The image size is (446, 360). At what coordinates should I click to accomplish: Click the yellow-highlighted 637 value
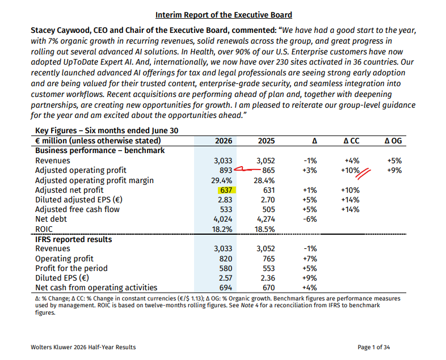pyautogui.click(x=226, y=190)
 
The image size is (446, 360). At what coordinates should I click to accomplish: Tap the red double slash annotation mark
pyautogui.click(x=363, y=174)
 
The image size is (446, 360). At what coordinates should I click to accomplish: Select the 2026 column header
pyautogui.click(x=224, y=141)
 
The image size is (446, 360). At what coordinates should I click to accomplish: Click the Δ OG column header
pyautogui.click(x=393, y=141)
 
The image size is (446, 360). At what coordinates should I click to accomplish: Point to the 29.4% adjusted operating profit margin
pyautogui.click(x=221, y=180)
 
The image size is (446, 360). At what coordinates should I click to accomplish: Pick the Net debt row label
pyautogui.click(x=51, y=219)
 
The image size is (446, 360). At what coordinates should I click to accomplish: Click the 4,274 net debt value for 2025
pyautogui.click(x=266, y=219)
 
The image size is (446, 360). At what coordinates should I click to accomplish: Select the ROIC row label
pyautogui.click(x=44, y=229)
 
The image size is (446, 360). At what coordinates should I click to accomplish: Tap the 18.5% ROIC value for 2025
pyautogui.click(x=264, y=229)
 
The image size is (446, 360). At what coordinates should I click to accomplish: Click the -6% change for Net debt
pyautogui.click(x=310, y=219)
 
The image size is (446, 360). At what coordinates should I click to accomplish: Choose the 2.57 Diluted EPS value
pyautogui.click(x=225, y=278)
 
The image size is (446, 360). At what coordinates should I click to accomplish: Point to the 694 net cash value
pyautogui.click(x=226, y=287)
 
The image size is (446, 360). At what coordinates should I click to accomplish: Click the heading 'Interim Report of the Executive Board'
pyautogui.click(x=224, y=15)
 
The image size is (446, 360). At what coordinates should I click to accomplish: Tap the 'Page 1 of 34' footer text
pyautogui.click(x=374, y=347)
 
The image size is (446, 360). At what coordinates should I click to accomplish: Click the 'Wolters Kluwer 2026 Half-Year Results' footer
pyautogui.click(x=83, y=347)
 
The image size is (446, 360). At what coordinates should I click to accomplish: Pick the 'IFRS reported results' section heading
pyautogui.click(x=73, y=239)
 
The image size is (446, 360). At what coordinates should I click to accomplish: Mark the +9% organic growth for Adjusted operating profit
pyautogui.click(x=394, y=171)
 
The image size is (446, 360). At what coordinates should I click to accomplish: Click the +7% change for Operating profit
pyautogui.click(x=310, y=259)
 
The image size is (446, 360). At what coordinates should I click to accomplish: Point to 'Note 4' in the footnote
pyautogui.click(x=250, y=306)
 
